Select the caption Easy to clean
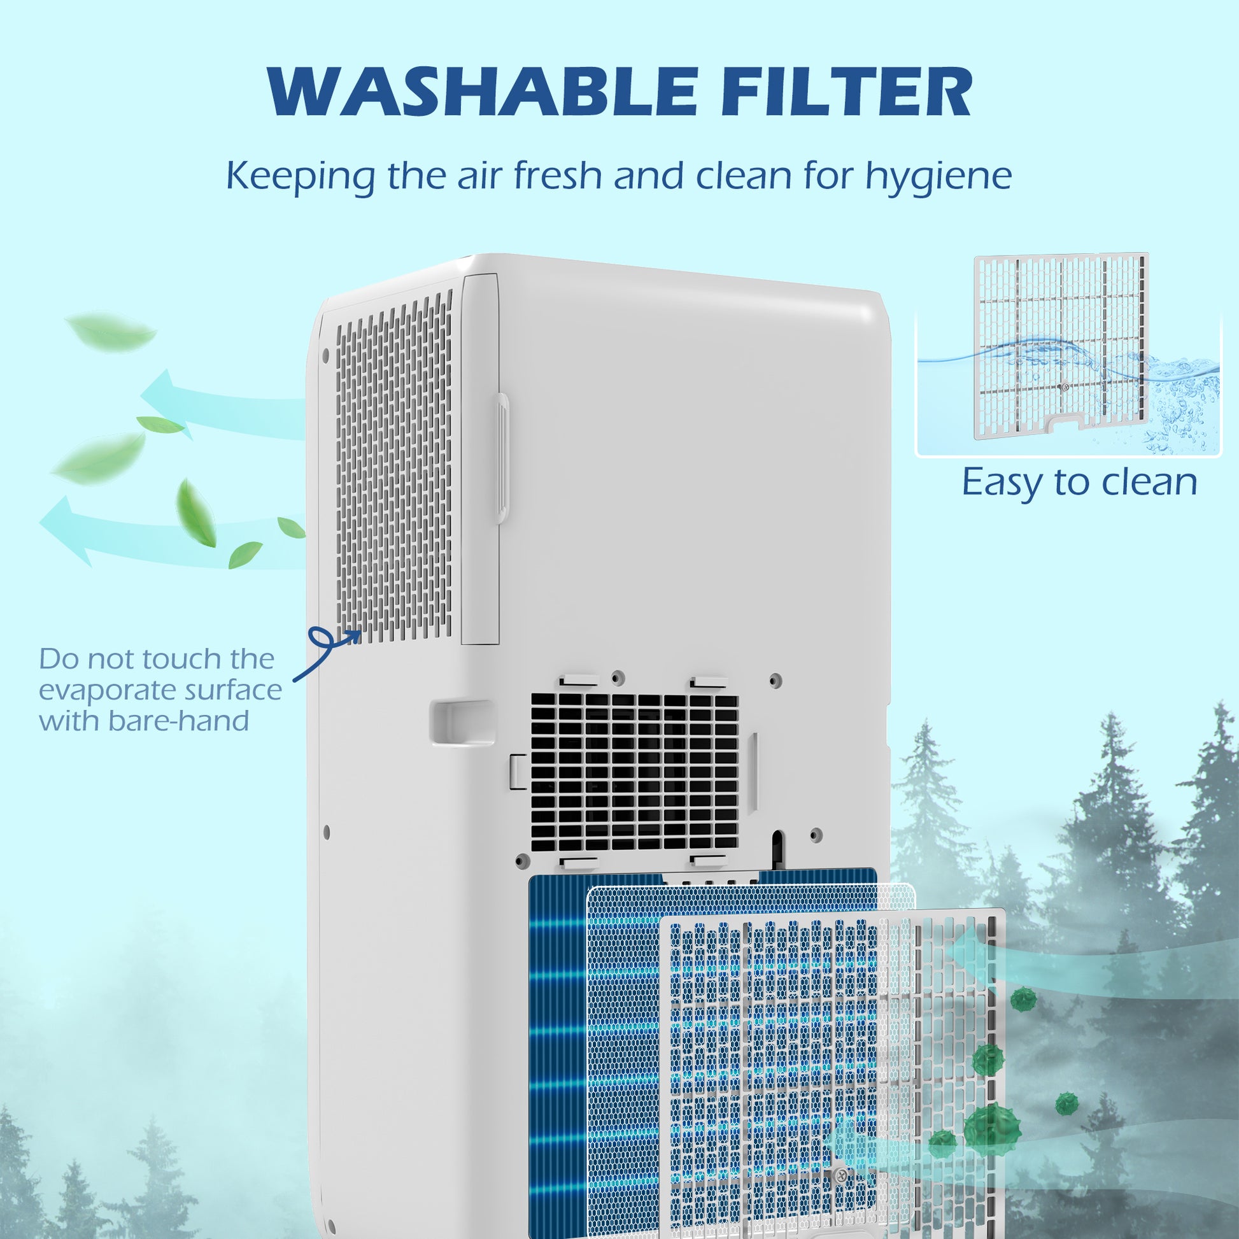pyautogui.click(x=1079, y=482)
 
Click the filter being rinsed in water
pyautogui.click(x=1061, y=346)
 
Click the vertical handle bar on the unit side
pyautogui.click(x=502, y=458)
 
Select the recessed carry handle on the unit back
pyautogui.click(x=461, y=722)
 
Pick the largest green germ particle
pyautogui.click(x=991, y=1128)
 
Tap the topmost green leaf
pyautogui.click(x=110, y=331)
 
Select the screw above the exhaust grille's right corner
pyautogui.click(x=775, y=679)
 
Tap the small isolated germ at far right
pyautogui.click(x=1066, y=1103)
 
